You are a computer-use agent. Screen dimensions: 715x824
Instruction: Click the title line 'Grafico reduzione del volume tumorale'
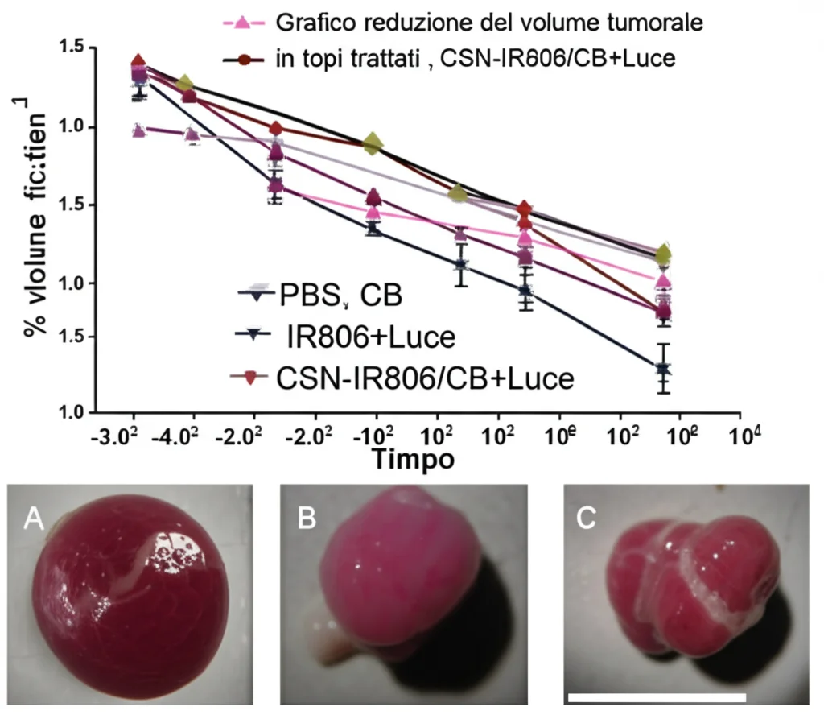(x=489, y=23)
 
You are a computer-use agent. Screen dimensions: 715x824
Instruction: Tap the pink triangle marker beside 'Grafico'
(x=241, y=23)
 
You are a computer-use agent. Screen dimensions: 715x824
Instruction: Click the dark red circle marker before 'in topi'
(x=241, y=60)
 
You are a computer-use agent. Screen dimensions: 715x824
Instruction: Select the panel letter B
(x=307, y=520)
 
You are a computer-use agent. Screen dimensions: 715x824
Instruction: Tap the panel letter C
(x=586, y=519)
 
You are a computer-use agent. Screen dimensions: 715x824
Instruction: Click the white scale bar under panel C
(x=657, y=696)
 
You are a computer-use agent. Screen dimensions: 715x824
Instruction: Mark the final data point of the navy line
(x=664, y=370)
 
